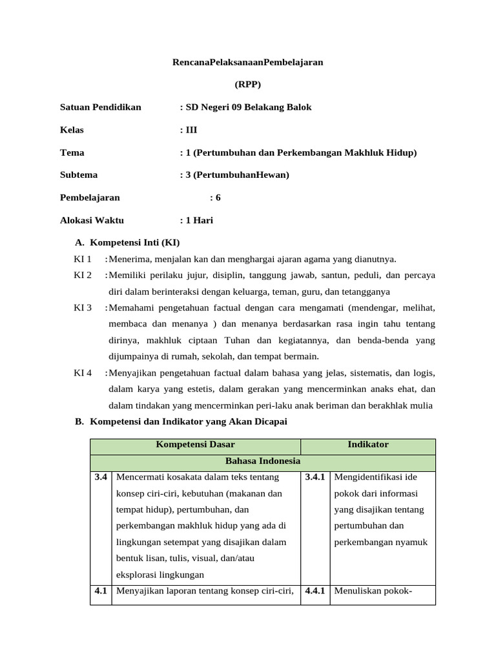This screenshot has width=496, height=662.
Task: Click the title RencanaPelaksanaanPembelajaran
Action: [x=247, y=62]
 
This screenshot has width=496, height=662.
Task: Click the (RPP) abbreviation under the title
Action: [x=247, y=85]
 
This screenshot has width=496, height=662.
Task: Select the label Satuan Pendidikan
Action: [x=100, y=107]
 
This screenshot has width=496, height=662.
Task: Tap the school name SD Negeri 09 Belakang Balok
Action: [x=248, y=107]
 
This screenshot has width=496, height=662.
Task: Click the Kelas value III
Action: [x=191, y=130]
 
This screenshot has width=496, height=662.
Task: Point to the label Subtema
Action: [x=79, y=175]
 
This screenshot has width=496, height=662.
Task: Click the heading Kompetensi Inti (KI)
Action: [x=134, y=242]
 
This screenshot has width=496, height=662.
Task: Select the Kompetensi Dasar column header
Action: [x=195, y=445]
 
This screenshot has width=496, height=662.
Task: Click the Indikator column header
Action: [x=368, y=445]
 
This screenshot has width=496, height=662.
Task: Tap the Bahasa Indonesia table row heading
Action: [x=262, y=462]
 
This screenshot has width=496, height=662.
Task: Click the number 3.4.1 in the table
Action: [x=315, y=478]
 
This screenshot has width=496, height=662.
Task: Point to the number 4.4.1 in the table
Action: [x=315, y=591]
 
